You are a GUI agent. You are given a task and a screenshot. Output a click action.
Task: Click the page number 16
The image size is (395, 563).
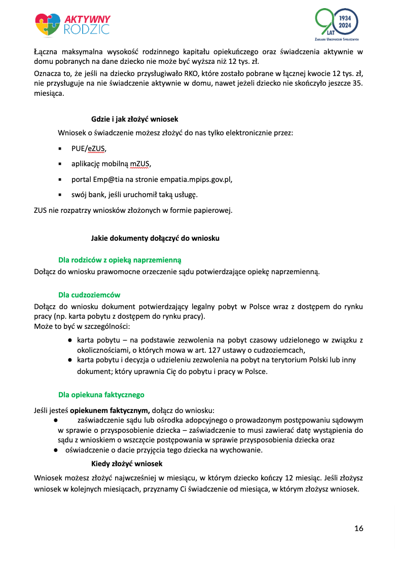[358, 529]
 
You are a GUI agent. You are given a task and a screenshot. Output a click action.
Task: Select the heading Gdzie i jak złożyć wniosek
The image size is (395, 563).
[134, 119]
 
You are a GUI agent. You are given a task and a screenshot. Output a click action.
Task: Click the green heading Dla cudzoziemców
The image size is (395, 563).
[89, 294]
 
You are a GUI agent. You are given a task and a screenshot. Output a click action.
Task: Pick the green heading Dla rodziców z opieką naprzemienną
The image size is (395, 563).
[120, 259]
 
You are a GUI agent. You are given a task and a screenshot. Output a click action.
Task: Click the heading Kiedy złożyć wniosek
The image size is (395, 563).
[127, 464]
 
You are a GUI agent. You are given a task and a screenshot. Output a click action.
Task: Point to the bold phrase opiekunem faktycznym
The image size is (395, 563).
[109, 410]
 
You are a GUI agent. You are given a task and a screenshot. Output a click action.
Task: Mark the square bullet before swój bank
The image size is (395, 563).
[60, 194]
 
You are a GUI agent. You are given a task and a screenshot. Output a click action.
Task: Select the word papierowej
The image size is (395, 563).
[213, 210]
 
